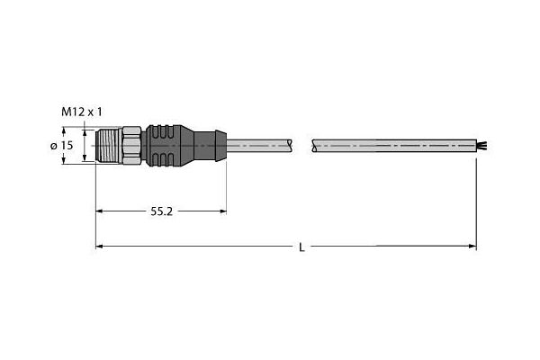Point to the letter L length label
[301, 247]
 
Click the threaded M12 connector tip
[107, 144]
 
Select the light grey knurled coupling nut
[131, 144]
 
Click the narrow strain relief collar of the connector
[213, 144]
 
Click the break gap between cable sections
[301, 144]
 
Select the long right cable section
[391, 144]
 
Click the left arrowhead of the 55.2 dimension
[100, 211]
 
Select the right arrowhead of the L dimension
[472, 246]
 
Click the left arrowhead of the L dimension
[100, 246]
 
